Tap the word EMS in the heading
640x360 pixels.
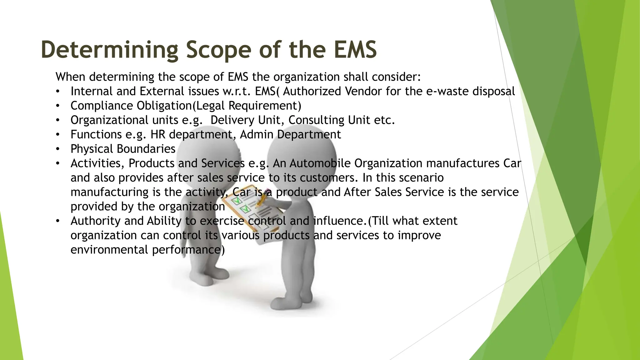[x=355, y=50]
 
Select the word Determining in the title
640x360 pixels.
[x=109, y=50]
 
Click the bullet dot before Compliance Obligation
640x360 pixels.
[x=57, y=106]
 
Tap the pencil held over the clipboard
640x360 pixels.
[x=262, y=200]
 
